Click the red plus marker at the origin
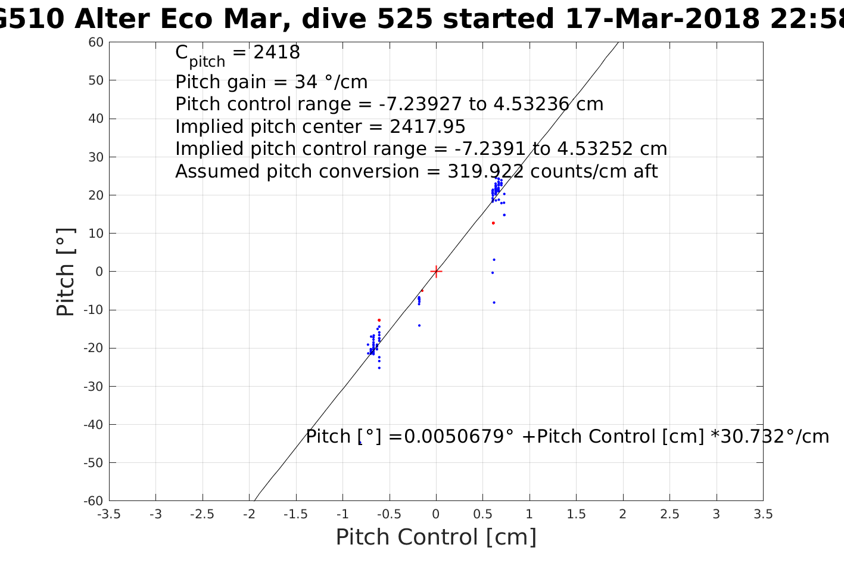tap(436, 271)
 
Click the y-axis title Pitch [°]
tap(66, 272)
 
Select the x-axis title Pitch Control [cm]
tap(436, 537)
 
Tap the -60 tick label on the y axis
tap(93, 500)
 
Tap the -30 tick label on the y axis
tap(93, 386)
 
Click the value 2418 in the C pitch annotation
tap(276, 52)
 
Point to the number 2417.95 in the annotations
tap(427, 127)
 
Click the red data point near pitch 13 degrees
tap(493, 223)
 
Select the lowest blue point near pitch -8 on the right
tap(494, 302)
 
